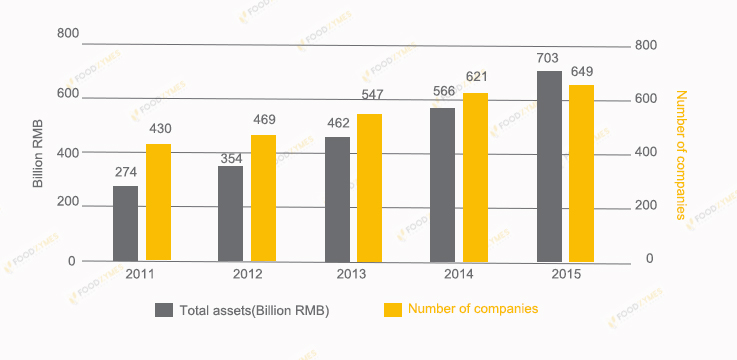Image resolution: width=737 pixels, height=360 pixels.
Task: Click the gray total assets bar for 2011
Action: (126, 223)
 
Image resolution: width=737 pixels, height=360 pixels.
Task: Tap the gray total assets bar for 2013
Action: (337, 199)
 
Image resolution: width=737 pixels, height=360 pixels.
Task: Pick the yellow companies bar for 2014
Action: (475, 177)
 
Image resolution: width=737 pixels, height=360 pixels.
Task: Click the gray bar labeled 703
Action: (549, 166)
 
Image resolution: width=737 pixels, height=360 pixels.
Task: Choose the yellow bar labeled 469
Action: (264, 198)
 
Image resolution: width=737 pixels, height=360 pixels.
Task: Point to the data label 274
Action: (126, 172)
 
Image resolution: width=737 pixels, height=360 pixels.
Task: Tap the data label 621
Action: (475, 77)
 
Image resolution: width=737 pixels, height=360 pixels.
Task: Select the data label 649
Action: (581, 71)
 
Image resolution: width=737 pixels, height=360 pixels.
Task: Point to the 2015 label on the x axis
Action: (566, 274)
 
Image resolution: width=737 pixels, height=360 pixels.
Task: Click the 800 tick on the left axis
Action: (67, 33)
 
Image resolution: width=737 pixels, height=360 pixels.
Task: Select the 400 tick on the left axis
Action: (67, 153)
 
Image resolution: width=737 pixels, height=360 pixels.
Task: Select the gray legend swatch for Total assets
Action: (165, 310)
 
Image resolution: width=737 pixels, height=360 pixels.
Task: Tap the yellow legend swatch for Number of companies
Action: (394, 309)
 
